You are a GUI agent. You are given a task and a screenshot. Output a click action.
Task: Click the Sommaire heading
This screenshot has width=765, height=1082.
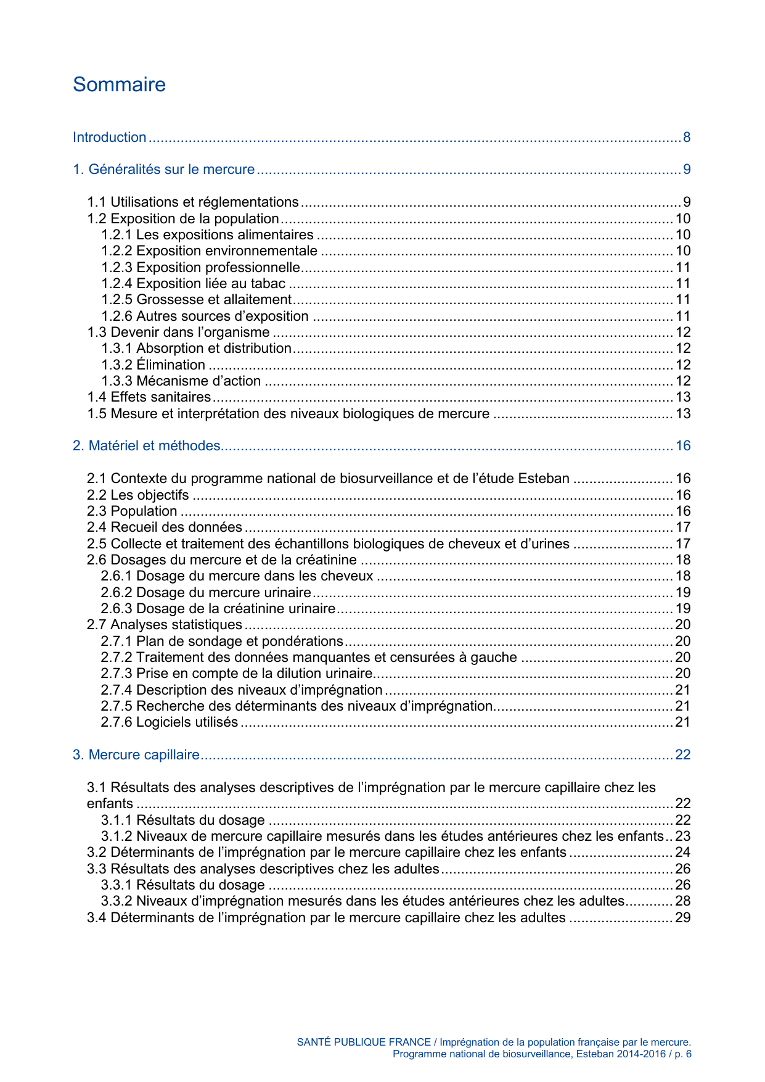point(119,85)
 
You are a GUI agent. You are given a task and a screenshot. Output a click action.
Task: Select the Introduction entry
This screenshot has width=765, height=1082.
point(110,138)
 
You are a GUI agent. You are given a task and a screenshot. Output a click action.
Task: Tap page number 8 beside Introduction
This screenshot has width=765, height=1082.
point(686,138)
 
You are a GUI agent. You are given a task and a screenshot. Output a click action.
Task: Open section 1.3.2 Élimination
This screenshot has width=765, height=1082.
point(153,365)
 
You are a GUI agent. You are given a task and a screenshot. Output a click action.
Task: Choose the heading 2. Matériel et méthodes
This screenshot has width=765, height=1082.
point(147,446)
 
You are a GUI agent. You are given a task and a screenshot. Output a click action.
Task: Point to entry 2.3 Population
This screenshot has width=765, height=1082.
point(132,511)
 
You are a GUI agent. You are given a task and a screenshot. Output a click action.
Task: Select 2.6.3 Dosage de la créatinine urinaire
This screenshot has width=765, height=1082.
point(218,609)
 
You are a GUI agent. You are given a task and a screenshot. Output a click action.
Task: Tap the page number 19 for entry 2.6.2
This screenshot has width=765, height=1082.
point(683,593)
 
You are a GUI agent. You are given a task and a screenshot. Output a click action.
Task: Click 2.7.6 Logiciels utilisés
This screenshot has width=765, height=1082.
point(170,722)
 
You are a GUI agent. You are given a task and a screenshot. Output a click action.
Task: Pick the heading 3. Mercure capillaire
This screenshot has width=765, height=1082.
point(136,755)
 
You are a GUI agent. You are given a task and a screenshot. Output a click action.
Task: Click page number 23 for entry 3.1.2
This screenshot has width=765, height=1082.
point(683,836)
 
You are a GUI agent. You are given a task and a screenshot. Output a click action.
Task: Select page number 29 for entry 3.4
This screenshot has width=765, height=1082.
point(683,918)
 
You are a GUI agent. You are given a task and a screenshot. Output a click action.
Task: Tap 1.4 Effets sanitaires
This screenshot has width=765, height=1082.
point(149,397)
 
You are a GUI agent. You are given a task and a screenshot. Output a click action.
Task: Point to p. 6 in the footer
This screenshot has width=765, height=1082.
point(683,1054)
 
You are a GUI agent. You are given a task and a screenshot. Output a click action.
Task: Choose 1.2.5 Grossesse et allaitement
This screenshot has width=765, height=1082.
point(197,300)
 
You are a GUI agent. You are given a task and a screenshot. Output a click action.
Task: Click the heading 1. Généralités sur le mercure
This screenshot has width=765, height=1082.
point(163,170)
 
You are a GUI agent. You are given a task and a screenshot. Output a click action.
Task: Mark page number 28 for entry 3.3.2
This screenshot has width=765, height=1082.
point(683,901)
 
